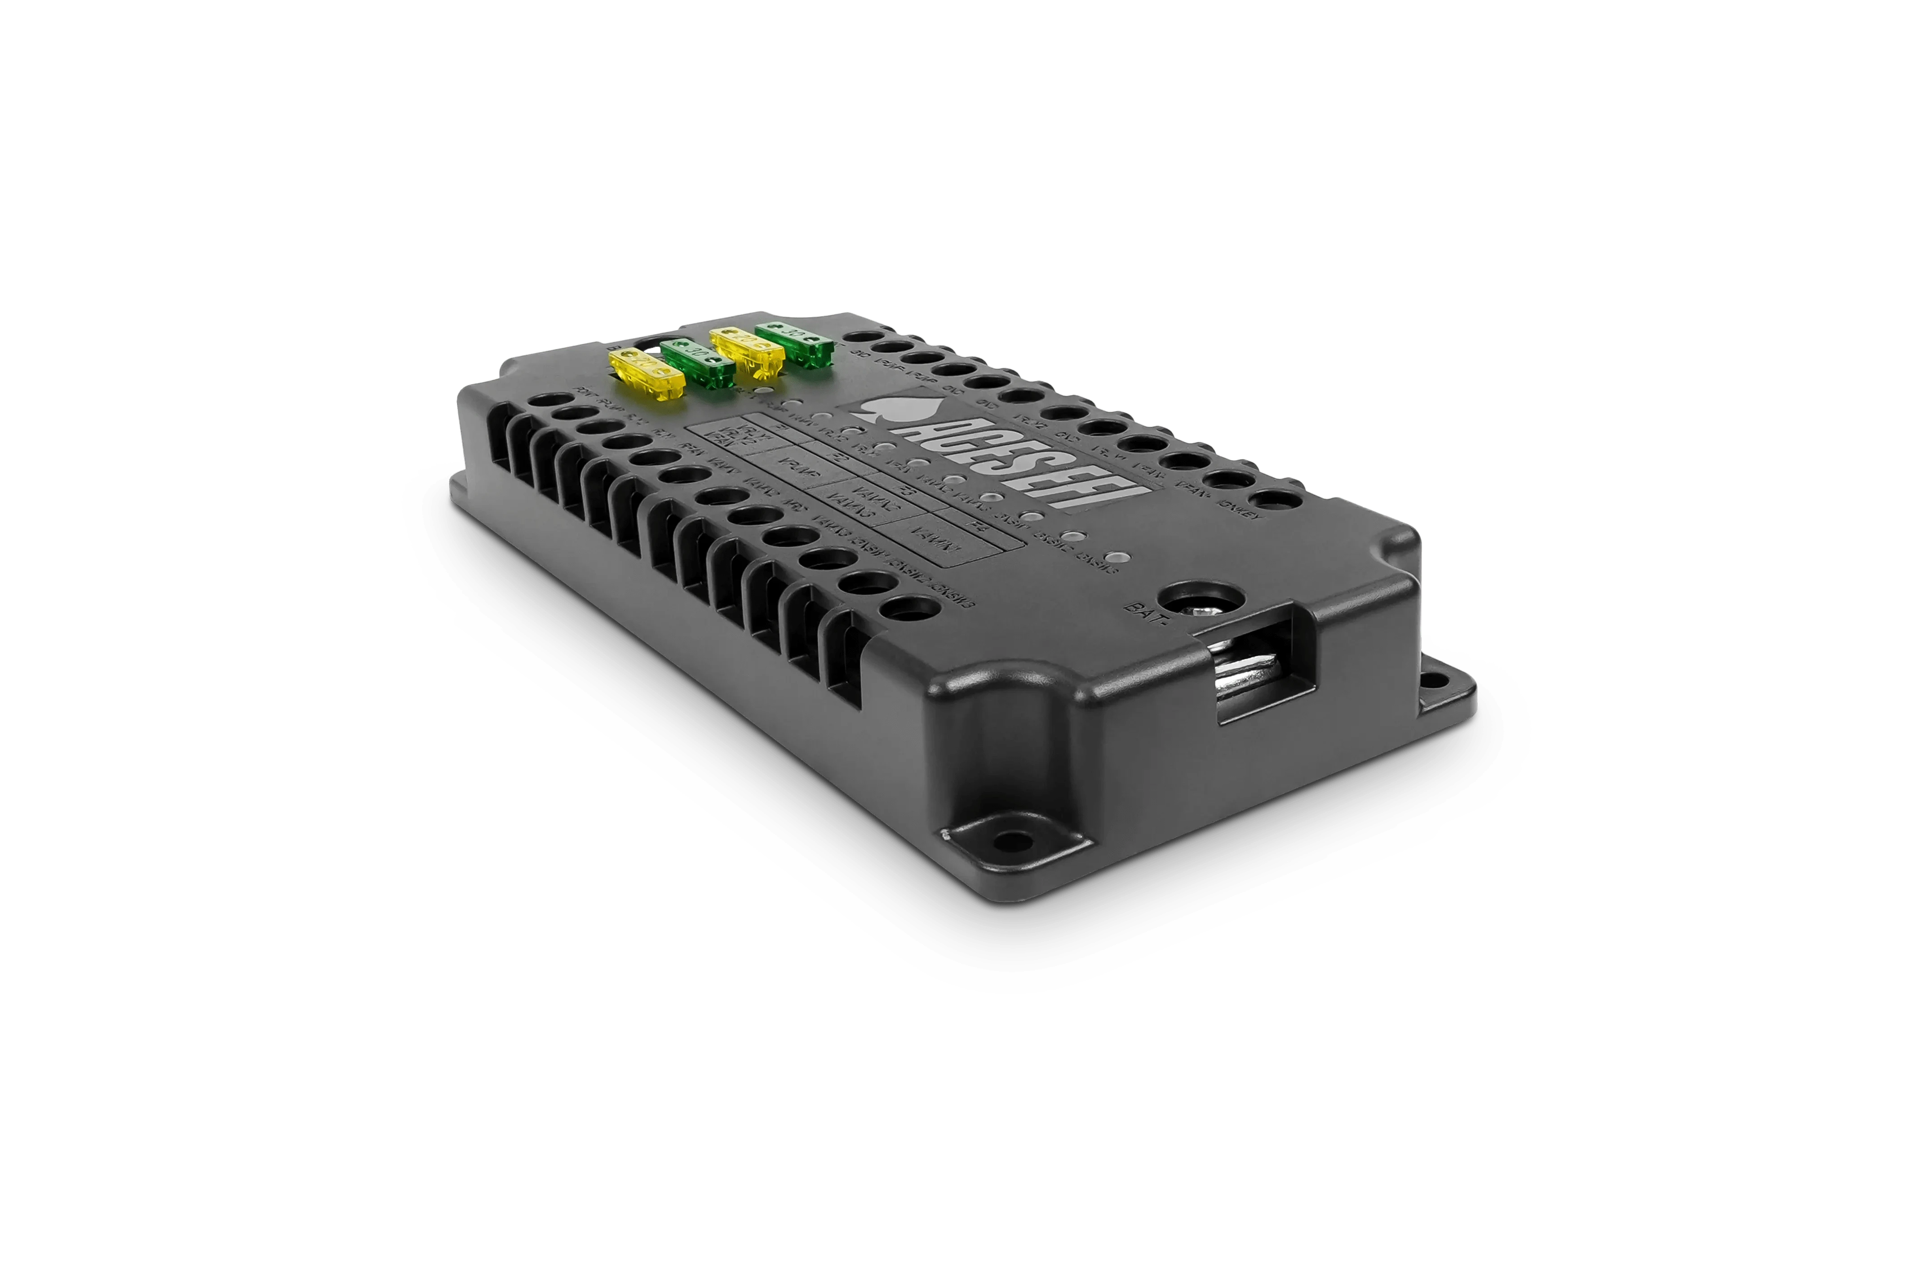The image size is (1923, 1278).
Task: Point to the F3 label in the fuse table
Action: pyautogui.click(x=904, y=492)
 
